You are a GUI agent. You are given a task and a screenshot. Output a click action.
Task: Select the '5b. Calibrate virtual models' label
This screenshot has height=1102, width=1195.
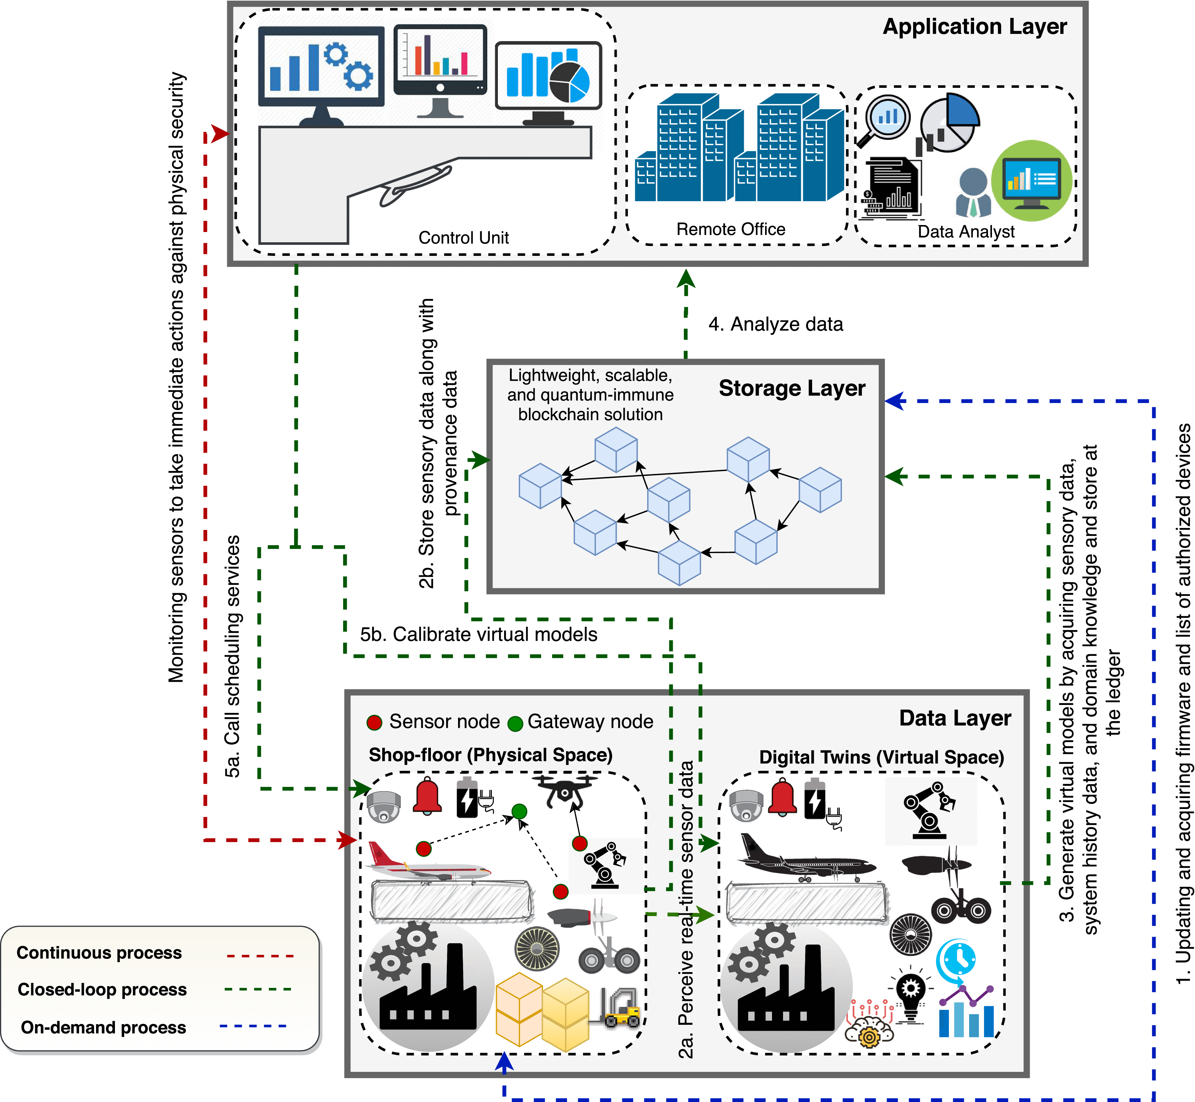tap(478, 634)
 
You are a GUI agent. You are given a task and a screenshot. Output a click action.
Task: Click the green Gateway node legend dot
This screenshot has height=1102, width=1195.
tap(515, 723)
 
